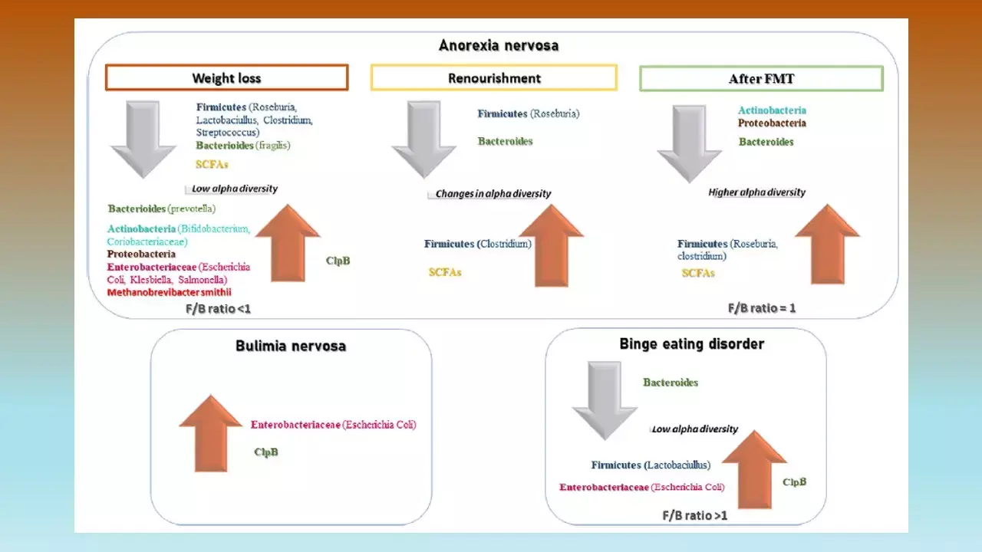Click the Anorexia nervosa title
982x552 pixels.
499,45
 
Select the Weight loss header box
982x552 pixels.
226,78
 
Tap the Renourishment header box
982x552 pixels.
494,78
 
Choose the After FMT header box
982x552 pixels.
761,79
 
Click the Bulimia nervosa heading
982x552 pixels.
291,346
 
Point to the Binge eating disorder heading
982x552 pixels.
692,344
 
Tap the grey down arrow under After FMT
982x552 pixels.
690,142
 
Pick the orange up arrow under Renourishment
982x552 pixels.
551,245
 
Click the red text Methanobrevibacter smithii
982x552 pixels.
170,292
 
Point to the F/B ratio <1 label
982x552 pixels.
218,308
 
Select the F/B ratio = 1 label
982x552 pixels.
761,308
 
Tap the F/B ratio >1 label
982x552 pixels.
694,515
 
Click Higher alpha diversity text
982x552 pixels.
756,192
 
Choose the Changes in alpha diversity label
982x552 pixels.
493,194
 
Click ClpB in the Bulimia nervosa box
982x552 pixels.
266,452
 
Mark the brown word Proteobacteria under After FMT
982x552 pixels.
772,123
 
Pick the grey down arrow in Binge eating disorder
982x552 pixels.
605,399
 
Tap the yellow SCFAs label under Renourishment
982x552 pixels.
445,272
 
